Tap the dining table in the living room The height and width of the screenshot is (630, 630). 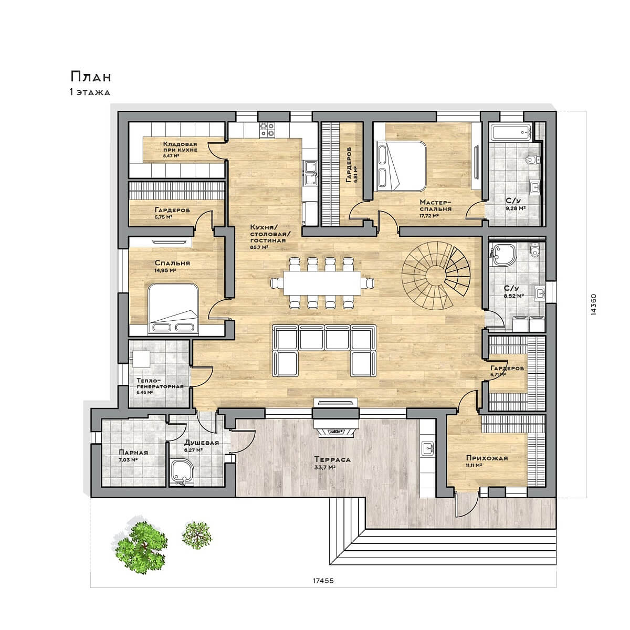(x=322, y=283)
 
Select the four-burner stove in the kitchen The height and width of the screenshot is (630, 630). (x=267, y=130)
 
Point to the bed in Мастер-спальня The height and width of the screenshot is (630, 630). (x=402, y=166)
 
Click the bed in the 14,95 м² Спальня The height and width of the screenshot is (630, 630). (x=173, y=309)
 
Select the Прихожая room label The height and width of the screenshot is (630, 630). (x=487, y=458)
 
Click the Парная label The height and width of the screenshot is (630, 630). (x=133, y=453)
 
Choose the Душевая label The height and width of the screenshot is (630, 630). (x=202, y=443)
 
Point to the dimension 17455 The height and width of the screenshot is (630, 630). (x=323, y=580)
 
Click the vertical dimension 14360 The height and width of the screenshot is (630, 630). (x=594, y=304)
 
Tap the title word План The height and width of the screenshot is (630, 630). (x=91, y=77)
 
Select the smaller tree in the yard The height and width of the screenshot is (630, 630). (x=197, y=535)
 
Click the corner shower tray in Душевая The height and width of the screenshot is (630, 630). (x=182, y=472)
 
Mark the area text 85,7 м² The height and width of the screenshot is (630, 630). (x=259, y=247)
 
